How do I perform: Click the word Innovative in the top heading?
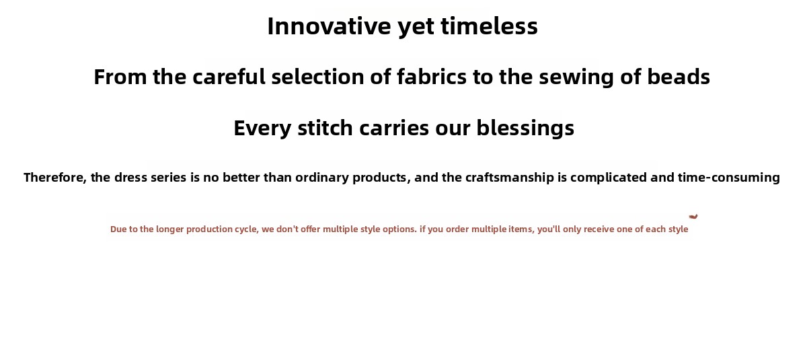tap(329, 26)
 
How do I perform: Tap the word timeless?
tap(490, 26)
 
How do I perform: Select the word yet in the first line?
tap(416, 28)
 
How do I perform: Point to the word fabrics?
tap(432, 77)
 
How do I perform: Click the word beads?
tap(679, 77)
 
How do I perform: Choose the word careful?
tap(229, 77)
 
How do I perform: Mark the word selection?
tap(317, 77)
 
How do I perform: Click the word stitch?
tap(325, 128)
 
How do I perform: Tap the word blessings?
tap(525, 129)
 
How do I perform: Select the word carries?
tap(394, 128)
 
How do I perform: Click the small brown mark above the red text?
tap(693, 217)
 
